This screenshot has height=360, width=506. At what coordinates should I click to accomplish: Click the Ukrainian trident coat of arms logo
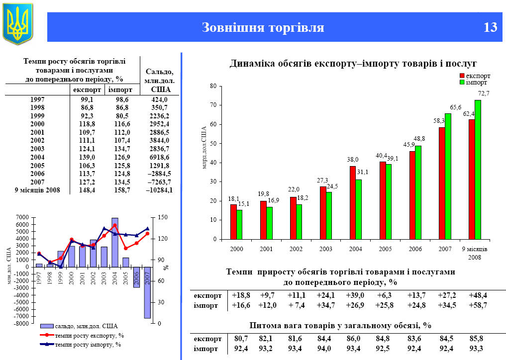click(18, 23)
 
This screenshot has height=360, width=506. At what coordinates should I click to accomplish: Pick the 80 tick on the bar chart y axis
click(213, 86)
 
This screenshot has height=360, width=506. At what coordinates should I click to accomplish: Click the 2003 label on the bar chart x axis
click(326, 248)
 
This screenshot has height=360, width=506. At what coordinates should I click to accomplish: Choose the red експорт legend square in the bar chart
click(462, 76)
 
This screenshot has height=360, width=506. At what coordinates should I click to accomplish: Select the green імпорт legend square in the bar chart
click(462, 83)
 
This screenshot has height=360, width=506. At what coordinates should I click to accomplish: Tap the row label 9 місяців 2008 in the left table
click(37, 189)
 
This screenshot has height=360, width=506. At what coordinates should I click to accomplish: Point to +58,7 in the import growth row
click(478, 305)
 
